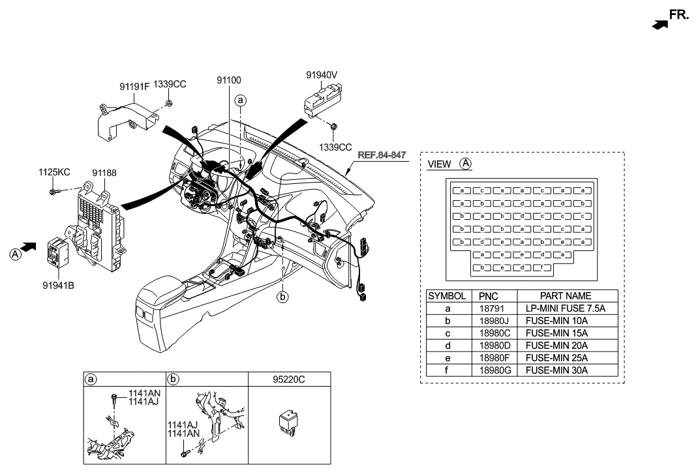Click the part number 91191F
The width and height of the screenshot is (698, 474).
coord(134,85)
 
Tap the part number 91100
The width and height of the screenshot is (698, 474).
coord(229,80)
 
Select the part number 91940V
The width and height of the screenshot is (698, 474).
coord(322,75)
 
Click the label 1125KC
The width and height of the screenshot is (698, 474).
coord(54,173)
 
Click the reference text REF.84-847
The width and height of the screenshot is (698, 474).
coord(382,156)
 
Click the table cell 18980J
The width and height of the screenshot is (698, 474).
coord(493,320)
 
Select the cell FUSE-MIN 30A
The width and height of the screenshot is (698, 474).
coord(556,370)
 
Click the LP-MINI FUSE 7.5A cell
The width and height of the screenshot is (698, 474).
coord(566,308)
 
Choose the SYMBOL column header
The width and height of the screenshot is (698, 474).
coord(447,296)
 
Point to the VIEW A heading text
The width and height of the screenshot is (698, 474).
coord(449,164)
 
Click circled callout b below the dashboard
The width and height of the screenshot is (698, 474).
coord(282,297)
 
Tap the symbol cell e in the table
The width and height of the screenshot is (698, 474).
coord(447,357)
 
